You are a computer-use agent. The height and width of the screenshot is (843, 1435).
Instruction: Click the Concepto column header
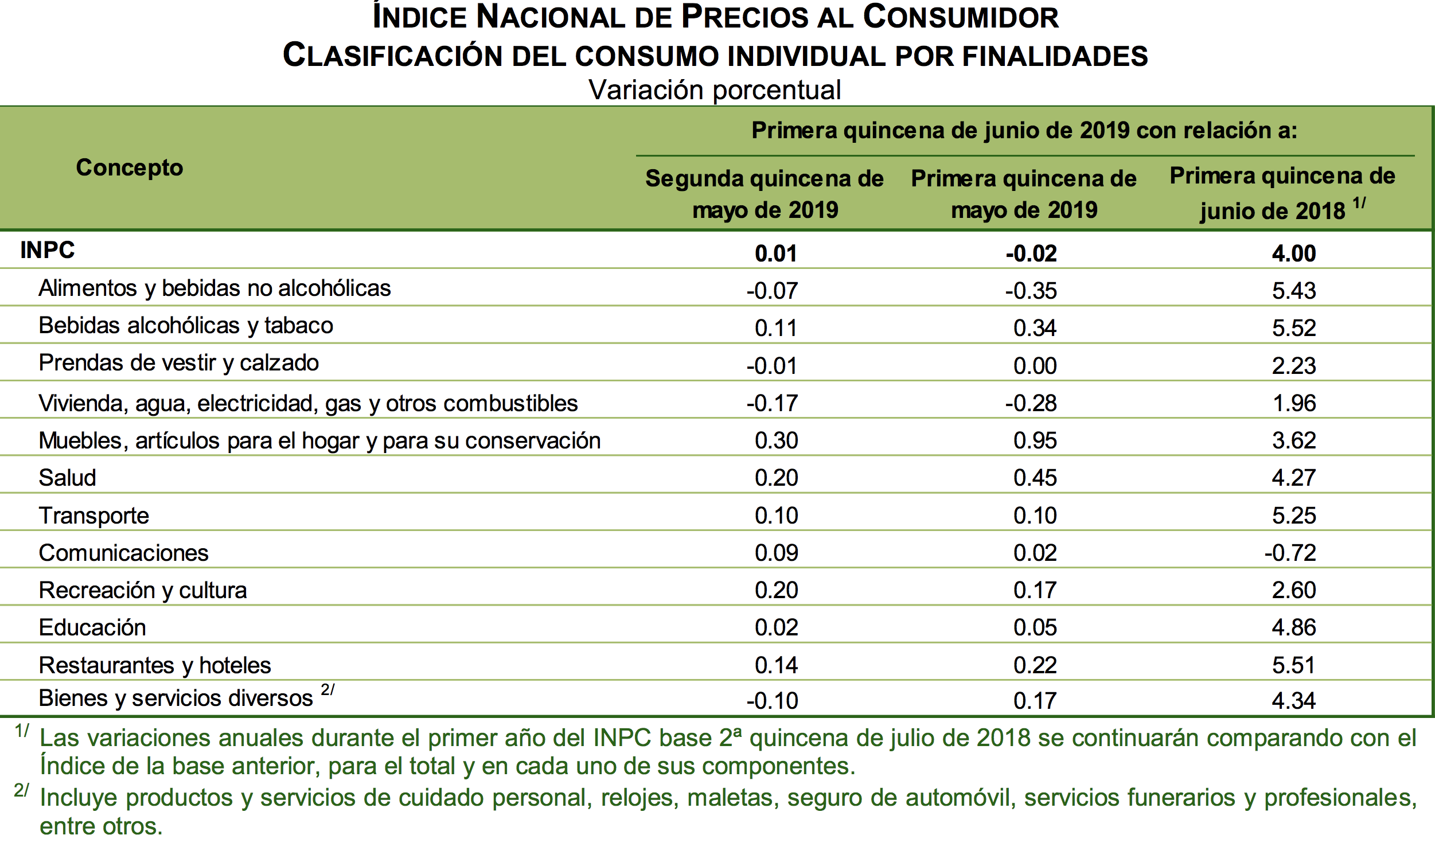coord(130,167)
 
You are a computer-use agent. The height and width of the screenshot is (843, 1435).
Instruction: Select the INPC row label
coord(48,250)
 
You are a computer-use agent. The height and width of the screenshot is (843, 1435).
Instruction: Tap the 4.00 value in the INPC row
coord(1293,253)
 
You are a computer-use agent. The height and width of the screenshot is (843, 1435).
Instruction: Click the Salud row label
coord(67,478)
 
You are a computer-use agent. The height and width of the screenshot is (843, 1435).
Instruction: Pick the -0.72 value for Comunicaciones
coord(1290,553)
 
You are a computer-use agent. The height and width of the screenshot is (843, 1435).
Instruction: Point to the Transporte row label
coord(93,516)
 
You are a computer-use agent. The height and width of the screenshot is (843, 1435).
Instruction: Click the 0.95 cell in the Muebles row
coord(1035,440)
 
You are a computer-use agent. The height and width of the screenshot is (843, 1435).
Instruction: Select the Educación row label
coord(92,627)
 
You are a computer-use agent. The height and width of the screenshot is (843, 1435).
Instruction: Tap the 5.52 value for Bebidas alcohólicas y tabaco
coord(1293,328)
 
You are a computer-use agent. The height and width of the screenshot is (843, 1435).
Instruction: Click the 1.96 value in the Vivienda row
coord(1294,403)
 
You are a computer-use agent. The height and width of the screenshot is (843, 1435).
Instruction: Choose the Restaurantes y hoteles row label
coord(155,665)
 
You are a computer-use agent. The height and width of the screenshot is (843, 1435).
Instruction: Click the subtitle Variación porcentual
coord(715,90)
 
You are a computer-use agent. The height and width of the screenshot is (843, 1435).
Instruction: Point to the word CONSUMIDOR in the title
coord(961,17)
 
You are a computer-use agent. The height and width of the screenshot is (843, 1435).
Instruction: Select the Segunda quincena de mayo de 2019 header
coord(765,194)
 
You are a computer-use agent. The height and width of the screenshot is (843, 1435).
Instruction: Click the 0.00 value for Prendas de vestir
coord(1035,366)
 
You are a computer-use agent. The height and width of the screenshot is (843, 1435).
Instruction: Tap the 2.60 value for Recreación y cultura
coord(1293,590)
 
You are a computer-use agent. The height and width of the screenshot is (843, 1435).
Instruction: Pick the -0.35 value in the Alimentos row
coord(1031,291)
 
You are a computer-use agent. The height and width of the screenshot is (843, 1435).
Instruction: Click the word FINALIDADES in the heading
coord(1055,56)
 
